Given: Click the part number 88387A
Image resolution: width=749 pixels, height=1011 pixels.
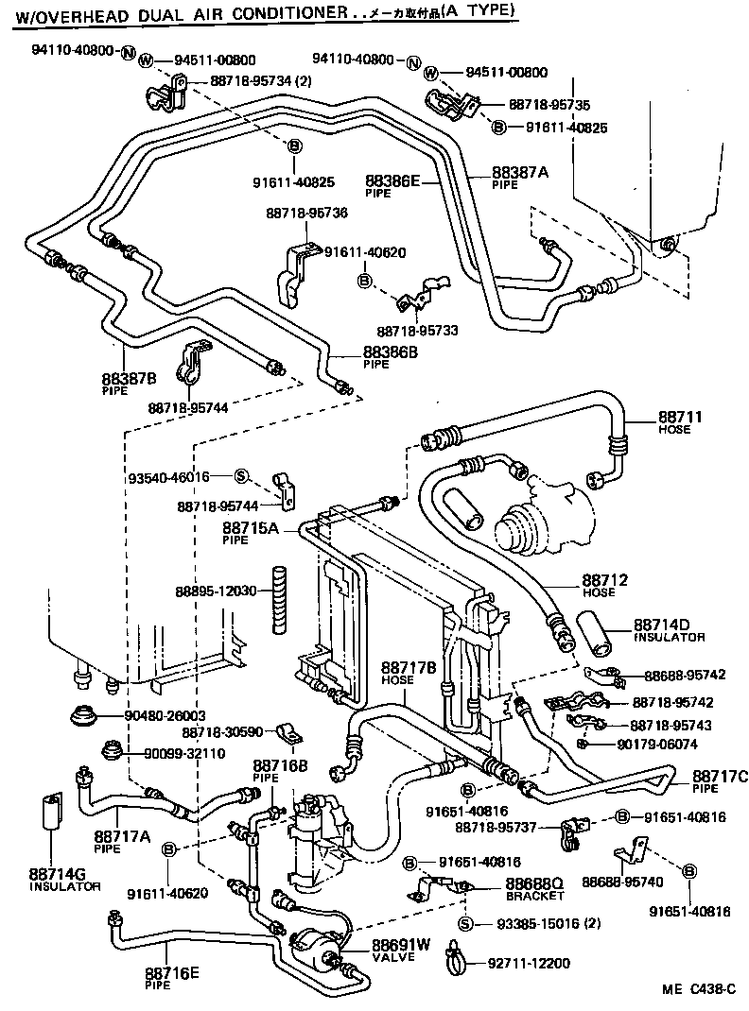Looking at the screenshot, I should [x=519, y=172].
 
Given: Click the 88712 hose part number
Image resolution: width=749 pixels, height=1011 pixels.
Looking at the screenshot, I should [x=605, y=579].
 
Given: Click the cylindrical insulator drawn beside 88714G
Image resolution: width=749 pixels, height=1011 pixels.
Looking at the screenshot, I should [x=53, y=811].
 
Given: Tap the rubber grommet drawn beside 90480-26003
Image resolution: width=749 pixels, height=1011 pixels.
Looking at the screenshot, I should [x=90, y=717].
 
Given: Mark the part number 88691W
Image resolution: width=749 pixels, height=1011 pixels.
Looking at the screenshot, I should [x=400, y=944].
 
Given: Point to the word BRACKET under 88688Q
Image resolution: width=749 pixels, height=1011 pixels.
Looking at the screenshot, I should [x=534, y=895].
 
